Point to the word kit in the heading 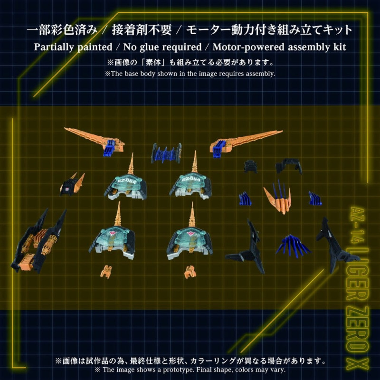(338, 47)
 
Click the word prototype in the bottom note (186, 370)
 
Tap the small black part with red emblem (71, 184)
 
